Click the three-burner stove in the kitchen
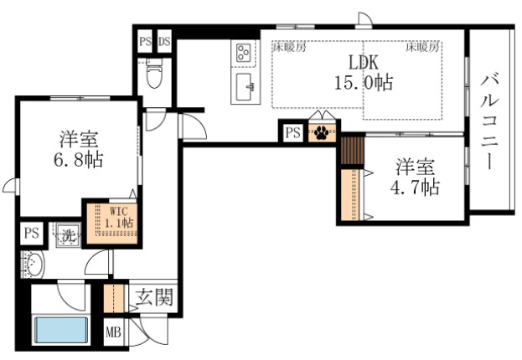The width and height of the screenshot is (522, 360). click(x=245, y=53)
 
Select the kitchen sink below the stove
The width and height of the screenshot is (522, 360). click(x=245, y=85)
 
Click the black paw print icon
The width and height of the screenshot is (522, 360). click(x=322, y=132)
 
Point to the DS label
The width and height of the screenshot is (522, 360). click(x=163, y=40)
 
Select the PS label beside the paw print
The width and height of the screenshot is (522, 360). click(x=292, y=132)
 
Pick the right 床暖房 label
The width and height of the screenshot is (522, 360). click(x=423, y=48)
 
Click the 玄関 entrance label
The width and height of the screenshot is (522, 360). click(x=152, y=296)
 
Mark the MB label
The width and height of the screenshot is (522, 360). click(x=113, y=332)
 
